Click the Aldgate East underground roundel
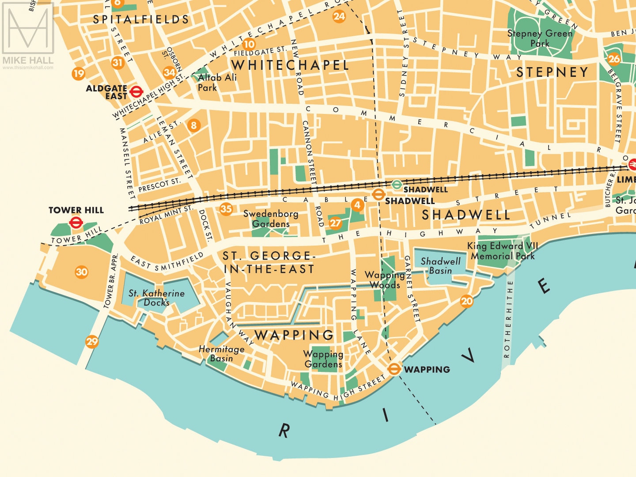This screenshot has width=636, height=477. coord(136,92)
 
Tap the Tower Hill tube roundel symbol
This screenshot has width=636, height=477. coord(76,223)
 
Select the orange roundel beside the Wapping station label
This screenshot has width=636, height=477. coord(394,369)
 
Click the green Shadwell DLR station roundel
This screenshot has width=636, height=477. coord(397,185)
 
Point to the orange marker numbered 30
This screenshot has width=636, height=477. coord(81,272)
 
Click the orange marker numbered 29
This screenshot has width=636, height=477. coord(92,341)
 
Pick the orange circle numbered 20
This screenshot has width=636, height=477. coord(466,301)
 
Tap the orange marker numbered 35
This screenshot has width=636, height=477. coord(226,209)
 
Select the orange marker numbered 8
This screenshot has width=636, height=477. coord(193,125)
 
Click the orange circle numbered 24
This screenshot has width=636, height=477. coord(339,17)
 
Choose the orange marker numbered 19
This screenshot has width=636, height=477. coord(79,73)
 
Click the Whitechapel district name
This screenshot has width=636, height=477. coord(290,65)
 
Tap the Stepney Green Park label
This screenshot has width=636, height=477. coord(540,38)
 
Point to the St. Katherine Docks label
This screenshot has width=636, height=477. coord(156,298)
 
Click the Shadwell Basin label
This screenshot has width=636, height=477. coord(440,266)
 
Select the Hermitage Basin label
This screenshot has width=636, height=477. coord(221,353)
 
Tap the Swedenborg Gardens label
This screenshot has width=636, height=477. coord(271,219)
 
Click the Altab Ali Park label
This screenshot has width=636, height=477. coord(217,82)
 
